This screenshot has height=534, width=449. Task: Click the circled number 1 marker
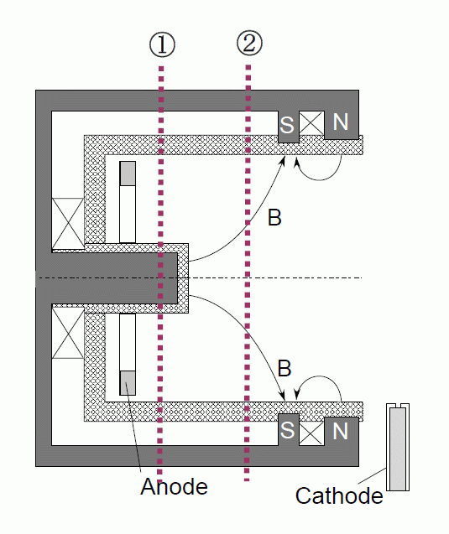(x=162, y=44)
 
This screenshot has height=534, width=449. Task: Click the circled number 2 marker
(x=249, y=44)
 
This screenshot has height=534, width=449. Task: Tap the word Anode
(x=174, y=486)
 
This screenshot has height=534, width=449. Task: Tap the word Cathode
(x=339, y=495)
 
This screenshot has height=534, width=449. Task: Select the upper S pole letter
(x=287, y=125)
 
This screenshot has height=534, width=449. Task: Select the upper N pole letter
(x=341, y=122)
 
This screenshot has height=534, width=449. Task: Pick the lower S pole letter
(x=287, y=430)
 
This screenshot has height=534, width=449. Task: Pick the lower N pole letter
(x=341, y=431)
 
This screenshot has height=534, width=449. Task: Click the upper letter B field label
(x=274, y=217)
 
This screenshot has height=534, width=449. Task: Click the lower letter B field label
(x=285, y=368)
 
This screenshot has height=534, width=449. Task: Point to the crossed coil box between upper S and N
(x=311, y=123)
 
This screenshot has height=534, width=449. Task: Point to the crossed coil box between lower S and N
(x=311, y=433)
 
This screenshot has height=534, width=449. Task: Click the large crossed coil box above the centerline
(x=67, y=223)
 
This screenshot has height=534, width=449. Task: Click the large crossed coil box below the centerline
(x=67, y=333)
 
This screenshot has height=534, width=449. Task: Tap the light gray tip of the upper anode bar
(x=128, y=174)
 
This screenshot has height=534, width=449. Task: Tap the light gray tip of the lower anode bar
(x=128, y=383)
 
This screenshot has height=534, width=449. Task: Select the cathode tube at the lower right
(x=398, y=447)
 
